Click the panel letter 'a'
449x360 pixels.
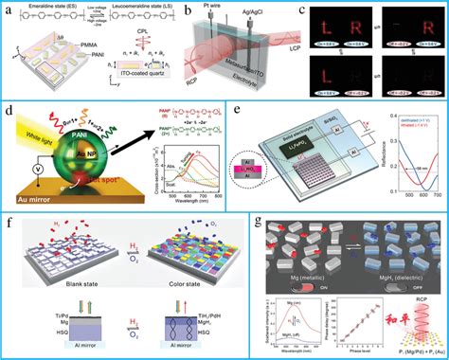(x=8, y=8)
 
